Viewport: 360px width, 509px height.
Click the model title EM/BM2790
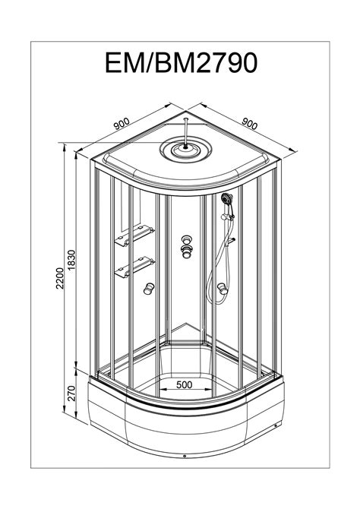click(181, 62)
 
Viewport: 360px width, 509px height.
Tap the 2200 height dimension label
click(60, 278)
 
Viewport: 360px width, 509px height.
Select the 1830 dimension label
click(71, 260)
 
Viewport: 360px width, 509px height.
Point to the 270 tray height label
click(71, 393)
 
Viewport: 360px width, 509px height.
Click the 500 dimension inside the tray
click(184, 384)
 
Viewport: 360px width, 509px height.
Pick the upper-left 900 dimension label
click(122, 124)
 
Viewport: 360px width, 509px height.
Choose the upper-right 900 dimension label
click(250, 123)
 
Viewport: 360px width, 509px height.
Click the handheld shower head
click(227, 198)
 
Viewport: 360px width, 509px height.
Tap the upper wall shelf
click(134, 236)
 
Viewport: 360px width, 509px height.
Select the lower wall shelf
click(134, 267)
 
